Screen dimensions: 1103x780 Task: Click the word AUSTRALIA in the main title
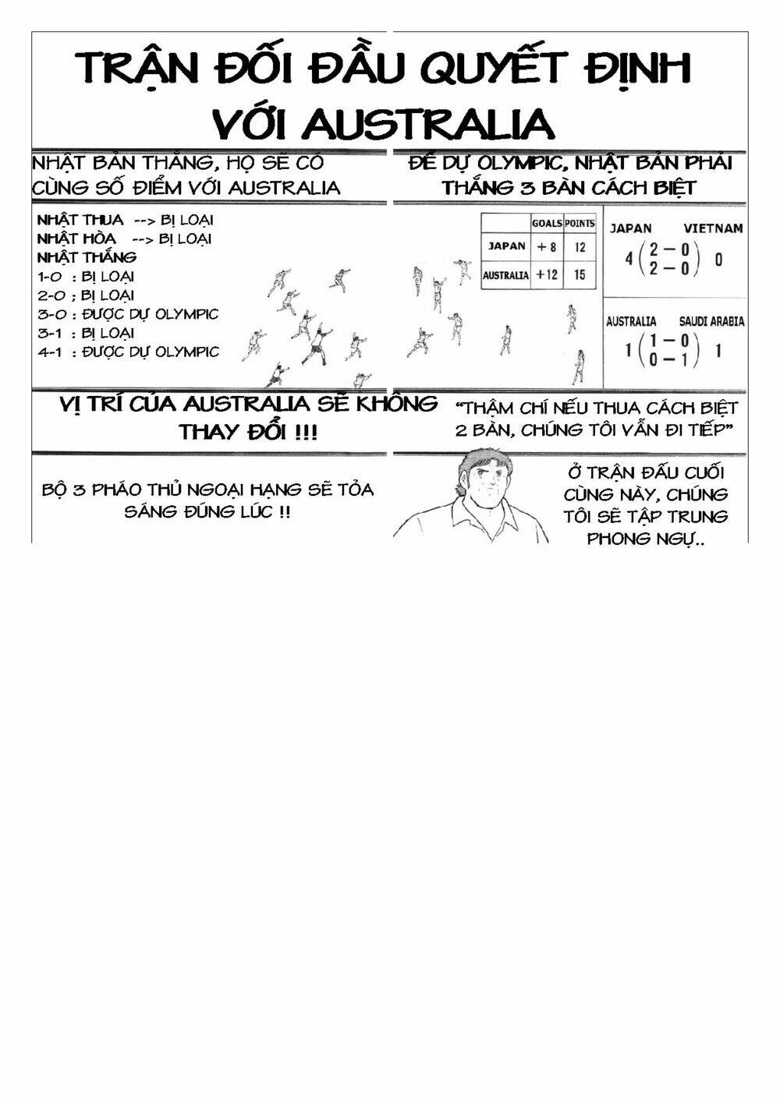pos(428,123)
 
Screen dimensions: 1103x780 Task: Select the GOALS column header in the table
pos(547,224)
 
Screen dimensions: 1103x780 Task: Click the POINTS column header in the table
pos(580,224)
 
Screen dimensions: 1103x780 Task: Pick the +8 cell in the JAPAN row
pos(547,247)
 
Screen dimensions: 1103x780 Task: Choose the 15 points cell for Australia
pos(580,275)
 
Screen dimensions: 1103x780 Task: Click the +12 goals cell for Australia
pos(547,275)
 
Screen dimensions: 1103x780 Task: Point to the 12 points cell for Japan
pos(580,247)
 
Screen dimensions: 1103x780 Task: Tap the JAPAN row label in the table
pos(506,246)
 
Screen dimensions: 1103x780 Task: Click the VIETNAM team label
pos(713,229)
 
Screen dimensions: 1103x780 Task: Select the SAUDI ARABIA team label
pos(711,321)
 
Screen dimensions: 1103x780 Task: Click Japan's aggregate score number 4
pos(629,259)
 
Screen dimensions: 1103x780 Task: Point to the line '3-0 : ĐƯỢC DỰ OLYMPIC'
pos(128,314)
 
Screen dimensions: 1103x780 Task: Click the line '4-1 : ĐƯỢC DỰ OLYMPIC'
pos(128,352)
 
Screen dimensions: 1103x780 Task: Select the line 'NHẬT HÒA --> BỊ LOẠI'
pos(124,239)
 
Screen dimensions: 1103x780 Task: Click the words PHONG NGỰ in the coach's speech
pos(645,538)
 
